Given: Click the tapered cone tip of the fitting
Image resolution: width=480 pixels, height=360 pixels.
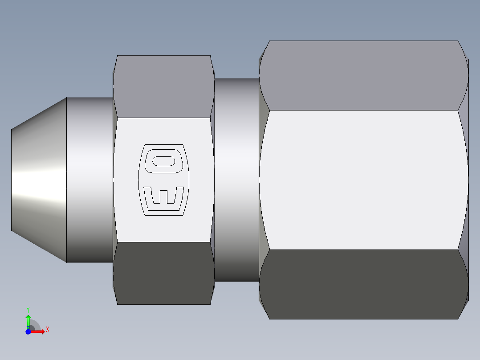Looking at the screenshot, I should coord(39,180).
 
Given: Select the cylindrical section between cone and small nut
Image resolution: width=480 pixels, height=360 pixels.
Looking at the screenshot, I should coord(89,180).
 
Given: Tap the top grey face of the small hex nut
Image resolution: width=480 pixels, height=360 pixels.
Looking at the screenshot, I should coord(163,86).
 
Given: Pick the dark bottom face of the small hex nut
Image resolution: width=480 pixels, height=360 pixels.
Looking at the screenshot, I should coord(163,273).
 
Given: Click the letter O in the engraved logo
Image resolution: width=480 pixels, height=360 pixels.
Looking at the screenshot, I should coord(163,161).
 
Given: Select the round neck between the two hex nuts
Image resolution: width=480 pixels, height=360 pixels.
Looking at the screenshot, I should coord(236,180).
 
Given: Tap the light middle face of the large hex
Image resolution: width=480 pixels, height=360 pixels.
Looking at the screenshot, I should coord(364,180).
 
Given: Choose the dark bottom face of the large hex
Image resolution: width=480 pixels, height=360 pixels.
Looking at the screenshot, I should coord(364,284).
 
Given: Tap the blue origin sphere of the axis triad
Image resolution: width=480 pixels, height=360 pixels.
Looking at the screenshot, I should coord(28,331).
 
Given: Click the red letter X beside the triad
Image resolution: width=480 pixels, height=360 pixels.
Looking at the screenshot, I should coord(47,330).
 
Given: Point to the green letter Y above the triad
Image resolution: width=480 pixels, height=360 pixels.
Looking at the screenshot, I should coord(28,309).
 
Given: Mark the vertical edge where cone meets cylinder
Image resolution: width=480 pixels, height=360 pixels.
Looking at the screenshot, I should coord(66,180).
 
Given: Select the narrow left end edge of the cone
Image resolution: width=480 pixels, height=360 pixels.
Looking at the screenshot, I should coord(12,180).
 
